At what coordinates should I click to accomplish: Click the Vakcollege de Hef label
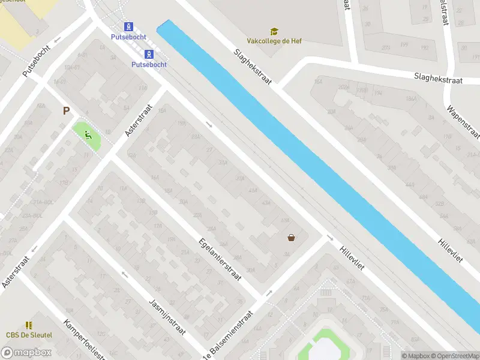point(274,41)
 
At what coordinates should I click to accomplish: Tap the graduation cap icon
point(274,31)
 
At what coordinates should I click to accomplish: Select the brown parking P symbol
point(67,110)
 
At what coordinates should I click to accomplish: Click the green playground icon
point(88,134)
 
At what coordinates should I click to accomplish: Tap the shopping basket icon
point(291,238)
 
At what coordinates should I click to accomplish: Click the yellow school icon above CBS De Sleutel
point(29,325)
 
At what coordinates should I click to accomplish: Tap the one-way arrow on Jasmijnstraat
point(125,275)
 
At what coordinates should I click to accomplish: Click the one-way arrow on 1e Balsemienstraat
point(268,293)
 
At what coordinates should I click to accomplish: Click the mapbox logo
point(26,352)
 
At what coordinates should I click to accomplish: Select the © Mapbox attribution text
point(415,356)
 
